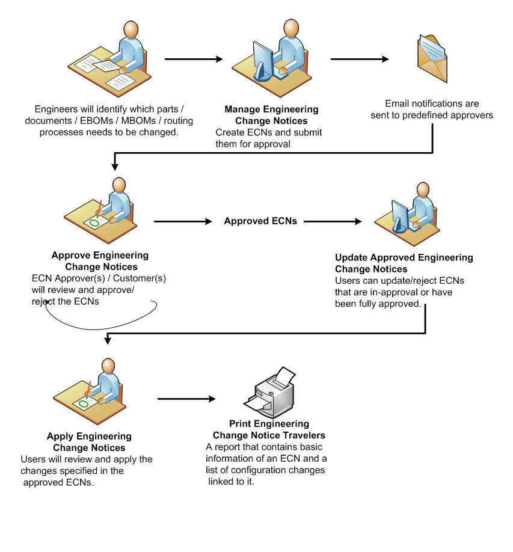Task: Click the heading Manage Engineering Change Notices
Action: coord(271,114)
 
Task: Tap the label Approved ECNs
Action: coord(260,221)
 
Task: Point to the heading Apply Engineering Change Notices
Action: coord(89,441)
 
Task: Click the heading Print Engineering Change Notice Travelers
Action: coord(269,429)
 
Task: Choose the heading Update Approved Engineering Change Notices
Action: coord(404,263)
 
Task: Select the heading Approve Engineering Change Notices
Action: coord(100,260)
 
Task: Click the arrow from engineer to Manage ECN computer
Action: coord(193,60)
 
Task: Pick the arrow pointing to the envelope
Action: coord(360,60)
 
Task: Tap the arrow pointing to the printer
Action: coord(186,399)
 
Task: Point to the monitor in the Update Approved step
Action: coord(400,213)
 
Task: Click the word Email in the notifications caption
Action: coord(396,104)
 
